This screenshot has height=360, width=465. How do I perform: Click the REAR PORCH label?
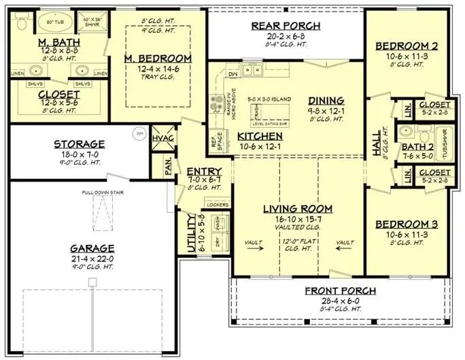click(x=286, y=26)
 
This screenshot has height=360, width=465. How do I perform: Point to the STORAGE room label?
click(x=79, y=144)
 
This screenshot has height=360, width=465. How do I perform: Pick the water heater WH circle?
click(x=140, y=133)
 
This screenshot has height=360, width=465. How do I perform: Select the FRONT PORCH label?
click(x=341, y=291)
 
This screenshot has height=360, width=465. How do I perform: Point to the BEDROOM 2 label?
click(x=406, y=46)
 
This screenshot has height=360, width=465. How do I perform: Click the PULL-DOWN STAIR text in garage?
click(x=96, y=193)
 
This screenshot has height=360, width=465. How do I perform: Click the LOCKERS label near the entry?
click(x=217, y=203)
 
